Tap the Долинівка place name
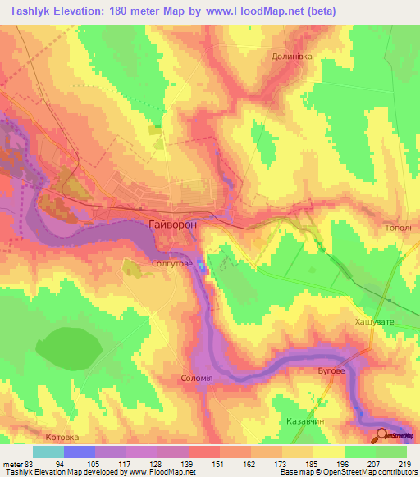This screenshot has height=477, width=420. coord(293,57)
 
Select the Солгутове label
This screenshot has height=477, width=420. coord(172,264)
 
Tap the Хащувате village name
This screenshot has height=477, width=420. coord(374,323)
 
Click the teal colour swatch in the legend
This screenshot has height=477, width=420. coord(48,452)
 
